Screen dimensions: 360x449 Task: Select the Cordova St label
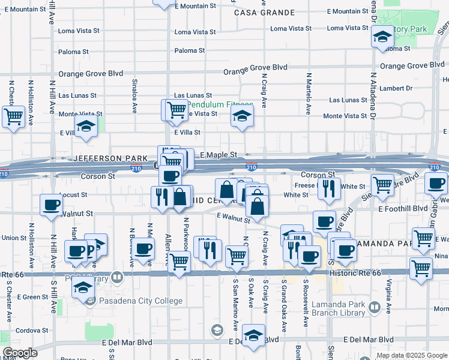(31, 330)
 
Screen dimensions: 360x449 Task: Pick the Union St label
(14, 238)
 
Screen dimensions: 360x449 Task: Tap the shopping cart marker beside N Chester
(13, 116)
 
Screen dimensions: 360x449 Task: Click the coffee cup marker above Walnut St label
(51, 205)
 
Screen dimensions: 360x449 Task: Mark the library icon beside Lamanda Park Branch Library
(375, 308)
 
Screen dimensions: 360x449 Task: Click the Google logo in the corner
(20, 353)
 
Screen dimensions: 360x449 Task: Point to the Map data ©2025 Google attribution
(412, 355)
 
